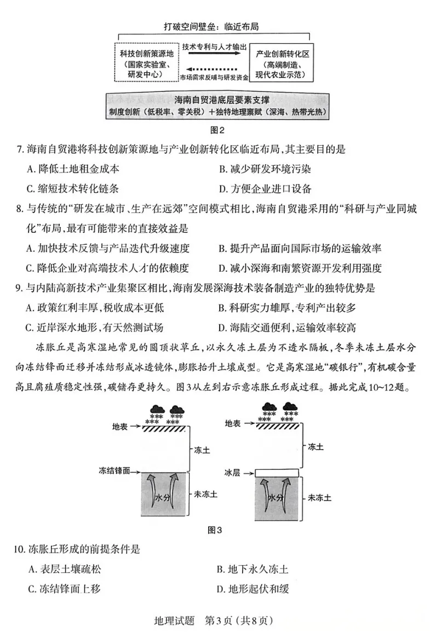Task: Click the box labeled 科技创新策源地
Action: tap(146, 61)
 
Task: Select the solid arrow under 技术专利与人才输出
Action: tap(214, 56)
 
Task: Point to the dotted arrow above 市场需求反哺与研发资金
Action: tap(214, 69)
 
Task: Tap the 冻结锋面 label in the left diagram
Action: tap(114, 470)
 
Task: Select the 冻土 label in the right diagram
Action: tap(315, 447)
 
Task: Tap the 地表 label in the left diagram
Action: tap(119, 426)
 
